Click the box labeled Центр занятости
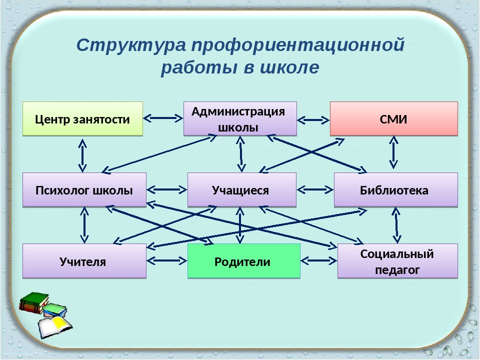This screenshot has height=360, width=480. pyautogui.click(x=82, y=119)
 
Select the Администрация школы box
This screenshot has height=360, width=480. pyautogui.click(x=240, y=119)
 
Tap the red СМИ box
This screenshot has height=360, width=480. pyautogui.click(x=393, y=119)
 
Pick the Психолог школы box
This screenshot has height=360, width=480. pyautogui.click(x=84, y=190)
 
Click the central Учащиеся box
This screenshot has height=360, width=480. pyautogui.click(x=242, y=190)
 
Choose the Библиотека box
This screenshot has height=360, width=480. pyautogui.click(x=396, y=190)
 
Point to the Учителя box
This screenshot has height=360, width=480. pyautogui.click(x=84, y=261)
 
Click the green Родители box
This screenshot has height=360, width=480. pyautogui.click(x=243, y=261)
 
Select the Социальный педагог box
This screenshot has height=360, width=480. pyautogui.click(x=397, y=261)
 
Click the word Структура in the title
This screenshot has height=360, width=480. pyautogui.click(x=131, y=45)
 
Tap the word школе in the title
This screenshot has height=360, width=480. pyautogui.click(x=289, y=67)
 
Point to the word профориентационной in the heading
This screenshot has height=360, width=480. pyautogui.click(x=298, y=45)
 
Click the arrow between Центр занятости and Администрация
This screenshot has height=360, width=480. pyautogui.click(x=163, y=118)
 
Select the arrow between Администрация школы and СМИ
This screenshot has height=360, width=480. pyautogui.click(x=313, y=120)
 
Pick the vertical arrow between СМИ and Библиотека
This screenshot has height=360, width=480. pyautogui.click(x=393, y=152)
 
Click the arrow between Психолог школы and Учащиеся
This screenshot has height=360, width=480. pyautogui.click(x=167, y=190)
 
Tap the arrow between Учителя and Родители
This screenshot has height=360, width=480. pyautogui.click(x=167, y=261)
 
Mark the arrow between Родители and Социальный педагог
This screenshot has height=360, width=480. pyautogui.click(x=319, y=261)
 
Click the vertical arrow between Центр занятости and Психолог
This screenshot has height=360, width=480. pyautogui.click(x=82, y=155)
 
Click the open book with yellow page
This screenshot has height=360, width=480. pyautogui.click(x=55, y=327)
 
